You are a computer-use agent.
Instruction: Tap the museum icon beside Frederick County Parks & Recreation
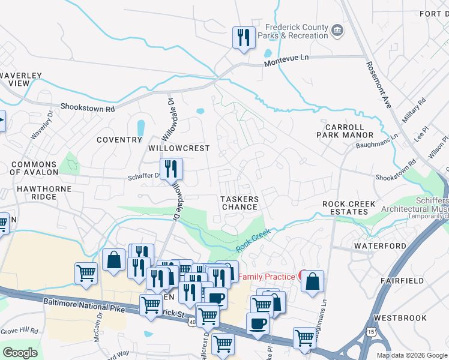click(x=337, y=31)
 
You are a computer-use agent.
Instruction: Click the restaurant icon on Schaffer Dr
click(x=171, y=170)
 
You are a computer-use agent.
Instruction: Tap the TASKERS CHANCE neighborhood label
click(x=240, y=203)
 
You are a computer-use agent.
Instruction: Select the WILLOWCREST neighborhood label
click(x=179, y=148)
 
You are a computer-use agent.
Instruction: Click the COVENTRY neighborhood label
click(x=119, y=140)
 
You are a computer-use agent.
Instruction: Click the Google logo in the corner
click(x=20, y=352)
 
